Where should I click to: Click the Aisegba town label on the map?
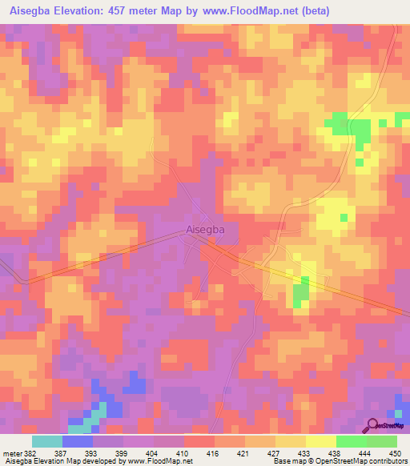click(205, 230)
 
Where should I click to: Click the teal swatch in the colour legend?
click(47, 441)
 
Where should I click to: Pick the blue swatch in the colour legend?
click(78, 441)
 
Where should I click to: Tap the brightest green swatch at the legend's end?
click(382, 441)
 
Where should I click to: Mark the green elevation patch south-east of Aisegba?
click(300, 294)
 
